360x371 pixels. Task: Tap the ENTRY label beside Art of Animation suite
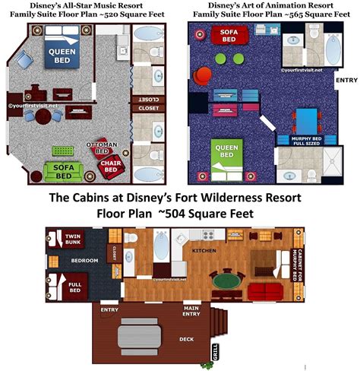[x=345, y=79]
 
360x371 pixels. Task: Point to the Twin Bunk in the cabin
[x=73, y=239]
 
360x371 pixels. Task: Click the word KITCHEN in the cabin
[x=206, y=249]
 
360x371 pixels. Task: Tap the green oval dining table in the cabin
[x=223, y=282]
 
